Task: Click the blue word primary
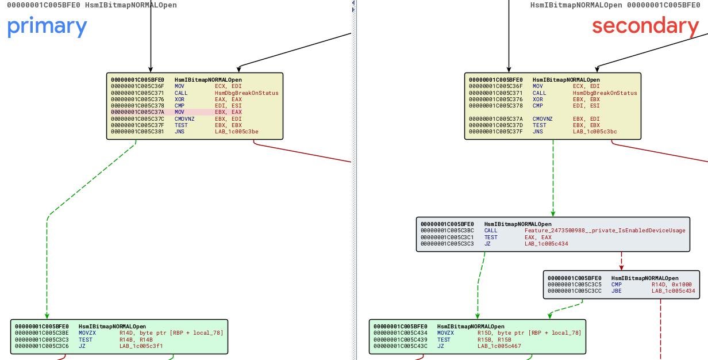pos(47,26)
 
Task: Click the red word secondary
pos(645,26)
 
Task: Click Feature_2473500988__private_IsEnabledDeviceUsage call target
pos(605,231)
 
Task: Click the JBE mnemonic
pos(616,291)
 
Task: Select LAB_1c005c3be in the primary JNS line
pos(236,132)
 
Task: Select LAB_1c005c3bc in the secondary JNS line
pos(595,132)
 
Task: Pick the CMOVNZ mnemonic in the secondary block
pos(542,119)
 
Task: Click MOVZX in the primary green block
pos(87,333)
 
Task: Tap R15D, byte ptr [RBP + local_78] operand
pos(529,333)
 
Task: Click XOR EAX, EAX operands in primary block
pos(228,99)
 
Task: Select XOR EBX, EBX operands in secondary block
pos(586,99)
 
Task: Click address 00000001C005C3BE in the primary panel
pos(42,333)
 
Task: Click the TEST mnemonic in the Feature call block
pos(491,237)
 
